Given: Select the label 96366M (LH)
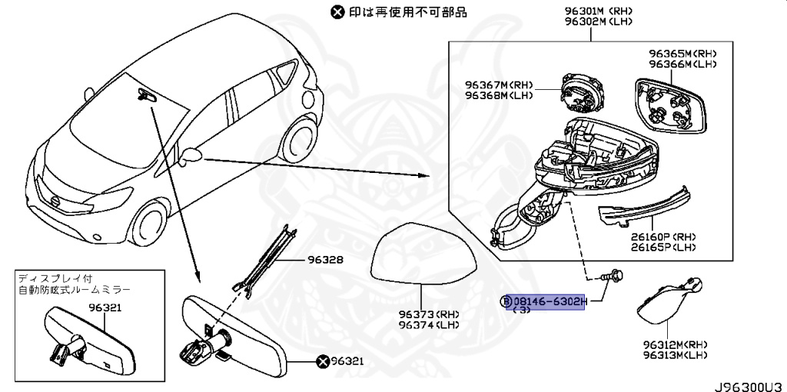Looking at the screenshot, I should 682,64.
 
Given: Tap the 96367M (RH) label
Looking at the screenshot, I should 498,85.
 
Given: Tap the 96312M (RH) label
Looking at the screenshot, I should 676,345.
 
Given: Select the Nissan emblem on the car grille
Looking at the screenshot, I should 55,201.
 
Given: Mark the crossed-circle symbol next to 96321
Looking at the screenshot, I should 323,360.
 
